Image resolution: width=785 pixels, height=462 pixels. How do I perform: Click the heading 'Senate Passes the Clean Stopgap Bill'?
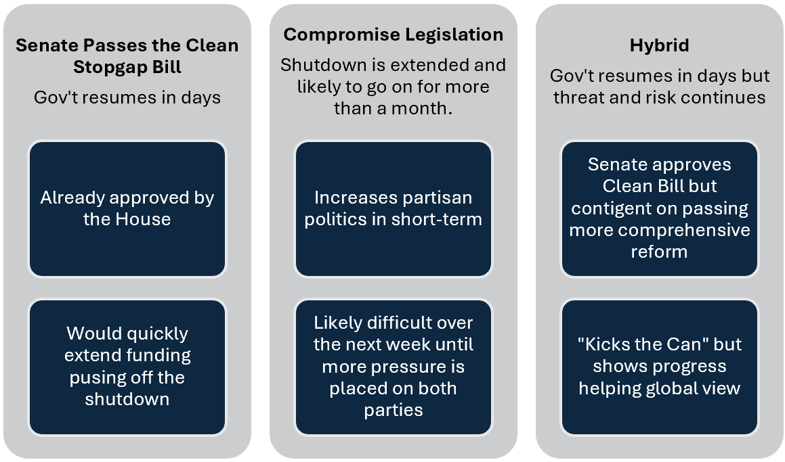127,56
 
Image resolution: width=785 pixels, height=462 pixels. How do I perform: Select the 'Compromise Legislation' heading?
394,34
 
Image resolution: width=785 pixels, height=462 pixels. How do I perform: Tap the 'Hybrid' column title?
659,45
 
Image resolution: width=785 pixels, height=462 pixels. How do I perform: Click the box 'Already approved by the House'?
127,208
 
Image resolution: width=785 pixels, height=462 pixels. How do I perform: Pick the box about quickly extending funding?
127,367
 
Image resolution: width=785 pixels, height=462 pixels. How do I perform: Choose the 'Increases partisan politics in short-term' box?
394,208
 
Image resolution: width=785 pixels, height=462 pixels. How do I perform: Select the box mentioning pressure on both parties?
394,367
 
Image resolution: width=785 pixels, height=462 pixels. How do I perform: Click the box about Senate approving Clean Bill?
659,208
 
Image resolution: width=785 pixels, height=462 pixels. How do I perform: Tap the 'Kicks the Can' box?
659,367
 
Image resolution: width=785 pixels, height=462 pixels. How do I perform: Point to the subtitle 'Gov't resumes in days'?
127,97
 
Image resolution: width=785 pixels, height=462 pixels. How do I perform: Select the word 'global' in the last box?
664,388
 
